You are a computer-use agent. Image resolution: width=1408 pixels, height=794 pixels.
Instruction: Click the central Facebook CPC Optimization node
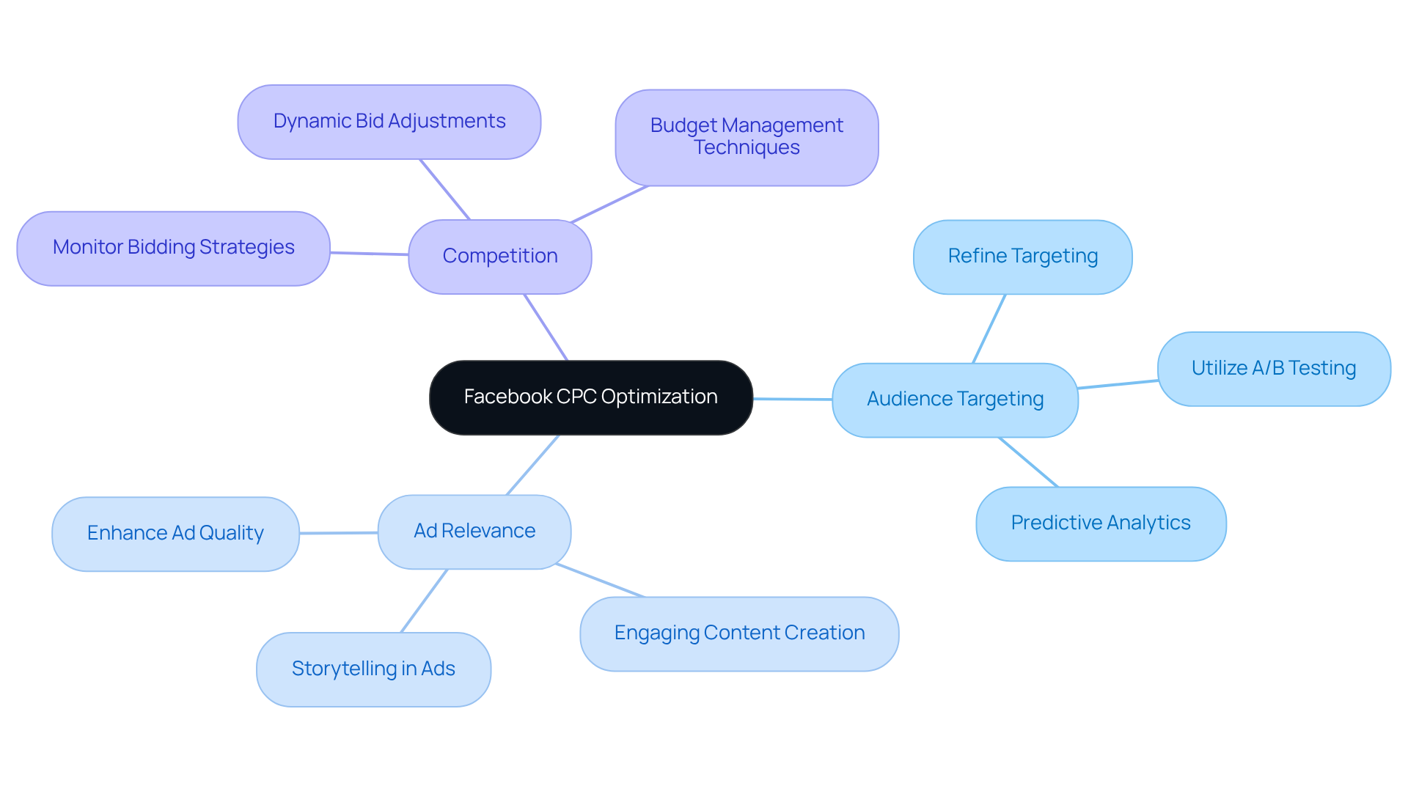[x=590, y=397]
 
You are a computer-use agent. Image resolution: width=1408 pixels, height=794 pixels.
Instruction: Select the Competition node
[x=499, y=257]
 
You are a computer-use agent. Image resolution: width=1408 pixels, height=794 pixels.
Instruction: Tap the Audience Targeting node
[x=954, y=400]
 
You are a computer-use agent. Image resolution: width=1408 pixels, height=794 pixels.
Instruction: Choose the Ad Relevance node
[x=474, y=532]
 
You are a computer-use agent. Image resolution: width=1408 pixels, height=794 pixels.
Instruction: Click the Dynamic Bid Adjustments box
[x=389, y=122]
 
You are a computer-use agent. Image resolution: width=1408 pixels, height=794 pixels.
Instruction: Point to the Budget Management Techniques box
[x=747, y=137]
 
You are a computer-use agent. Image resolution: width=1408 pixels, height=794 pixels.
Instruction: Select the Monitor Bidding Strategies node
[x=173, y=248]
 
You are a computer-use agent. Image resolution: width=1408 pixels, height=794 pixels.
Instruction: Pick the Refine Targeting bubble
[x=1022, y=257]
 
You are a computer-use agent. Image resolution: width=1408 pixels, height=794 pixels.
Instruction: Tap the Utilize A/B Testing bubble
[x=1273, y=368]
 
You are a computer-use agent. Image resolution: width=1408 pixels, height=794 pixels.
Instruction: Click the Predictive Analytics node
[x=1100, y=523]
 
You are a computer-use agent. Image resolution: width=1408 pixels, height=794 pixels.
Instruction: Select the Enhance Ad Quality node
[x=175, y=534]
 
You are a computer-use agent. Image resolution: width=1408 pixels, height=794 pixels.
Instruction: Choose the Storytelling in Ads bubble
[x=373, y=669]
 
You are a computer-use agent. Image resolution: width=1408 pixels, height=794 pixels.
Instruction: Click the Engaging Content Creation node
[x=739, y=633]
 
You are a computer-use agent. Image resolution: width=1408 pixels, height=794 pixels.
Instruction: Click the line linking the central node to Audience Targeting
[x=793, y=399]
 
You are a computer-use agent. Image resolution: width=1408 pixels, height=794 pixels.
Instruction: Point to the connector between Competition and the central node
[x=546, y=327]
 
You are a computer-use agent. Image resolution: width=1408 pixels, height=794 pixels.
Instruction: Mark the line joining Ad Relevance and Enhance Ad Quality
[x=339, y=533]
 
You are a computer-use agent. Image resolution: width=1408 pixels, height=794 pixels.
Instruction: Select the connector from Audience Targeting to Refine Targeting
[x=989, y=329]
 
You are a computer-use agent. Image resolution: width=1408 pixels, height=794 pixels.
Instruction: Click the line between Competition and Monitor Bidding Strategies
[x=369, y=254]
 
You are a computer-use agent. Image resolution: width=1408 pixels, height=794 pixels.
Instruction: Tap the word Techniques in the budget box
[x=747, y=148]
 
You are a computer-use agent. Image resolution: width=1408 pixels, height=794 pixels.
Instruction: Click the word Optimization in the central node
[x=659, y=397]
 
